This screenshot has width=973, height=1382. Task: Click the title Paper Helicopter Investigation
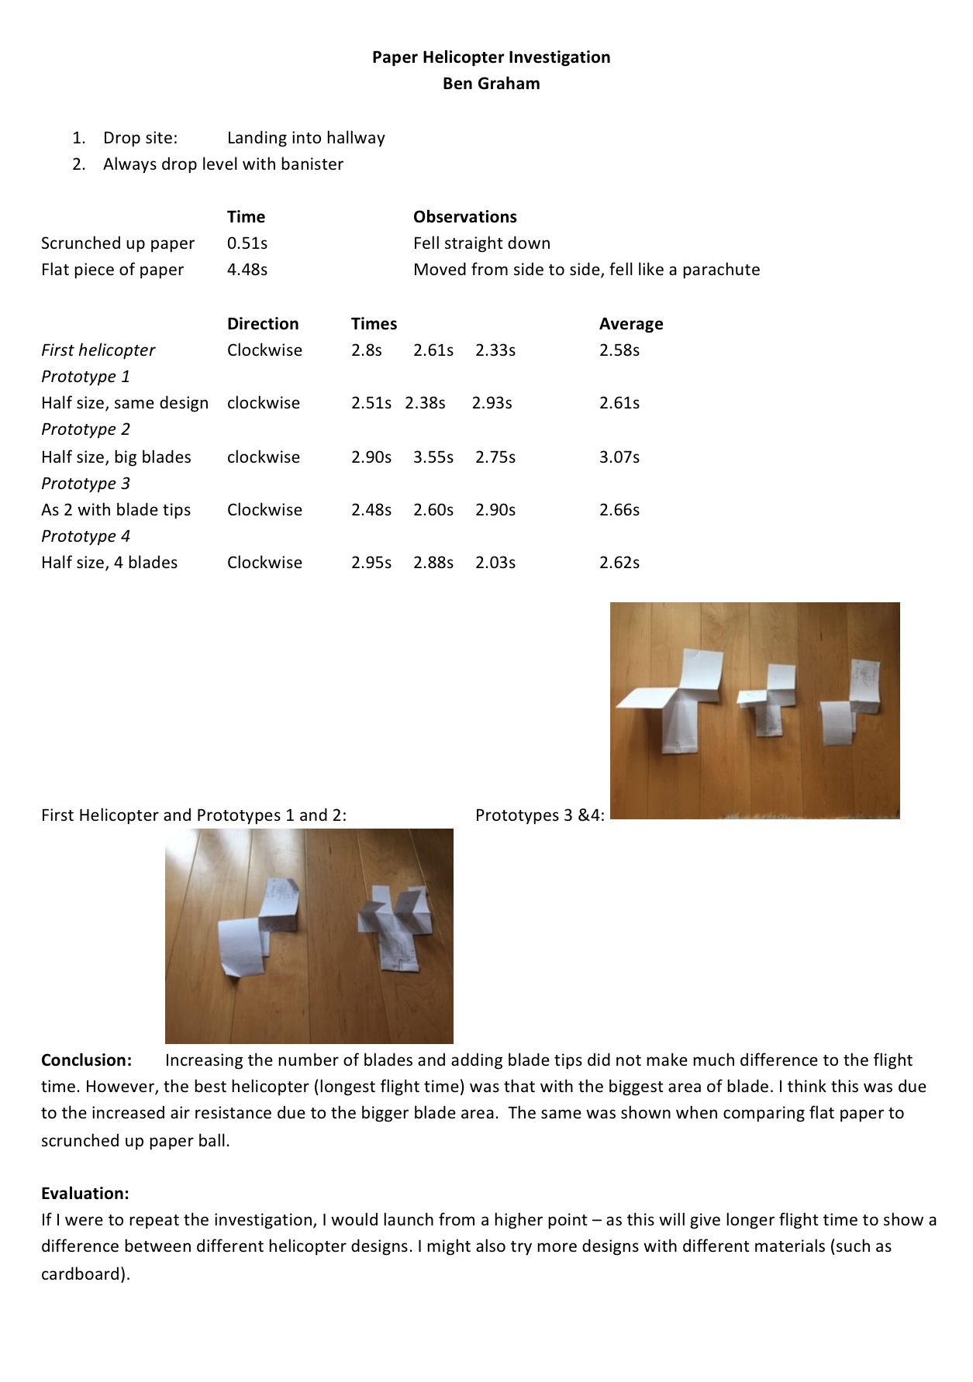[491, 57]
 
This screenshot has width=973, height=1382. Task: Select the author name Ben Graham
[491, 84]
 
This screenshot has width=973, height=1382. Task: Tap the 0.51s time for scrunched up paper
[247, 243]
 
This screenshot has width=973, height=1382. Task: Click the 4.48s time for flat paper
[247, 270]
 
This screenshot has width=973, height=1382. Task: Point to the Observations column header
[464, 217]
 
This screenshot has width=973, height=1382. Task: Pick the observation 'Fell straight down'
[481, 243]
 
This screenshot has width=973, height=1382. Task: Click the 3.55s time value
[433, 457]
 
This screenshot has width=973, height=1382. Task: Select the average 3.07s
[619, 457]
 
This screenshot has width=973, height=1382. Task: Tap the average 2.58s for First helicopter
[619, 350]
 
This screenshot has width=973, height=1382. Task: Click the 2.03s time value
[495, 563]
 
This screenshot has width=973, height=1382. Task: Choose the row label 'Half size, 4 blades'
[109, 563]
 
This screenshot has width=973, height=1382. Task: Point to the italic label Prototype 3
[85, 484]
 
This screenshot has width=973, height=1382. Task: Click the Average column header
[631, 324]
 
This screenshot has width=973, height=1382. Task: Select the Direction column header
[263, 324]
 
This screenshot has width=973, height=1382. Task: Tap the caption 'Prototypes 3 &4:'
[540, 815]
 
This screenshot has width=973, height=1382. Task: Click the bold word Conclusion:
[86, 1060]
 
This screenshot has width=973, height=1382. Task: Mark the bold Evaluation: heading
[85, 1194]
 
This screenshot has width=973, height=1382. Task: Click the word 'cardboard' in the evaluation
[81, 1274]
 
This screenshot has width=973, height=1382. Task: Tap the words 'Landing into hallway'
[305, 138]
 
